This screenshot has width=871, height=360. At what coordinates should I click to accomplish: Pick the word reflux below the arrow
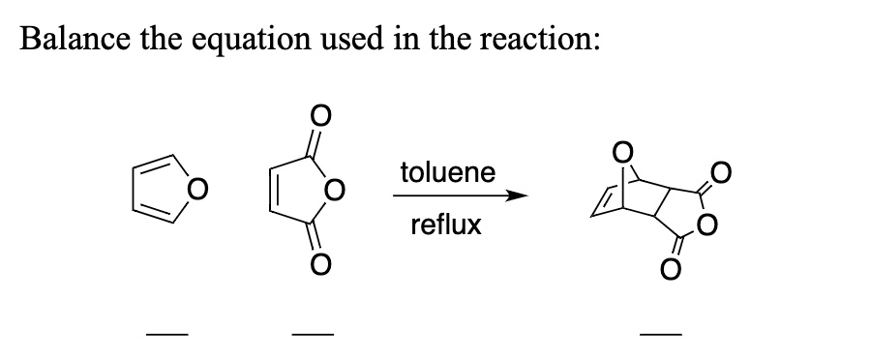[x=445, y=225]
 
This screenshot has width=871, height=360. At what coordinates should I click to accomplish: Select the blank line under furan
[x=162, y=337]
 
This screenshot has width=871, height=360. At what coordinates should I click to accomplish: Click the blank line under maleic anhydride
[x=312, y=337]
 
